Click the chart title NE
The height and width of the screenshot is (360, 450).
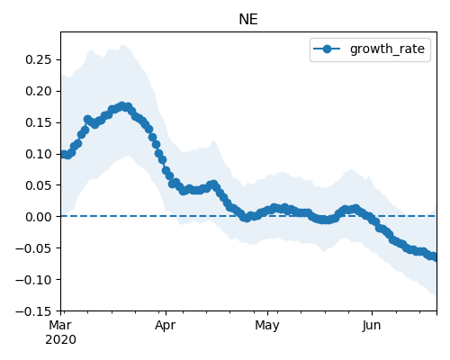coord(248,20)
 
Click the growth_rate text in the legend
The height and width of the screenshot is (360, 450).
coord(387,49)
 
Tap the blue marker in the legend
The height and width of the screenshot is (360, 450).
coord(327,49)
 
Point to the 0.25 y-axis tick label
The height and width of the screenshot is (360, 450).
coord(39,59)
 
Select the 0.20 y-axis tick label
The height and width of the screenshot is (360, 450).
coord(39,91)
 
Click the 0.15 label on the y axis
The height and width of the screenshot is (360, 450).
coord(39,122)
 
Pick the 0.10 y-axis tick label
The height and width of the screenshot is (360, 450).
coord(39,154)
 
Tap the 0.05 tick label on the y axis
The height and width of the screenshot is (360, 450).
coord(39,185)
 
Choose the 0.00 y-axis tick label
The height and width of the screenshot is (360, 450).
coord(39,217)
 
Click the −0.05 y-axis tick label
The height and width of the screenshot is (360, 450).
coord(33,248)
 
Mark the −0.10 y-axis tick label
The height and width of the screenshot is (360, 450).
coord(33,280)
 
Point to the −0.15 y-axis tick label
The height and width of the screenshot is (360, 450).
coord(33,311)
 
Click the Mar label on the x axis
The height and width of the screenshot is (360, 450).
coord(60,325)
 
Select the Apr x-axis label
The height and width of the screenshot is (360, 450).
coord(166,326)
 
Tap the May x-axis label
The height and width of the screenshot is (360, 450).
coord(267,326)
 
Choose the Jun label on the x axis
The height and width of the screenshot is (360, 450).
coord(372,325)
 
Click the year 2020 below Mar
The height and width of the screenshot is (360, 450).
coord(60,340)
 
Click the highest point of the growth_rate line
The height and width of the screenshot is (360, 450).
coord(122,106)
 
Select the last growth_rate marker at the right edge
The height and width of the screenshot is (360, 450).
coord(435,257)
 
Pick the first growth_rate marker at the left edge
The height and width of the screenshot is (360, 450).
coord(63,154)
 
